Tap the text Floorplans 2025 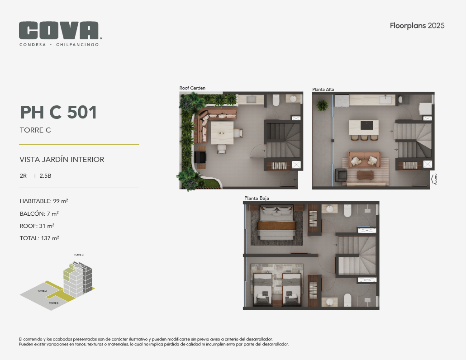click(417, 26)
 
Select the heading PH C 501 click(58, 112)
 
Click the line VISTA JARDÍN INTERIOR click(62, 160)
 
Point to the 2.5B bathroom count click(45, 176)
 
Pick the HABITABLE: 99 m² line click(44, 201)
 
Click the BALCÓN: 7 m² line click(39, 213)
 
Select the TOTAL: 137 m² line click(39, 238)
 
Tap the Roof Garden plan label click(192, 88)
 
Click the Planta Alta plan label click(323, 89)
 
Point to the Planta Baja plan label click(257, 198)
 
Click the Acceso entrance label click(435, 179)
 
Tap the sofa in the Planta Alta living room click(364, 159)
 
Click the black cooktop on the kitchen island click(366, 125)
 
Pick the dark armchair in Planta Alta click(341, 175)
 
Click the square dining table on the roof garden click(222, 133)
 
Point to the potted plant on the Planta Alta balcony click(322, 105)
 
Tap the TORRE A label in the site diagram click(42, 291)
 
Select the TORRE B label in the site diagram click(53, 303)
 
